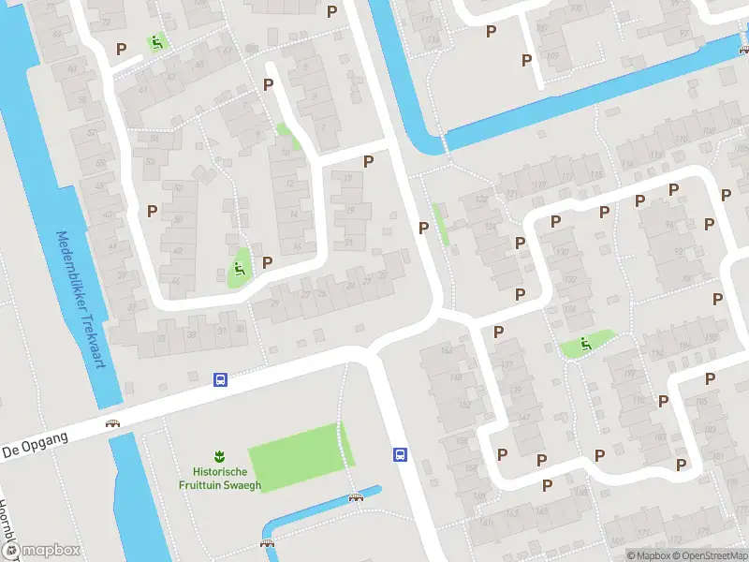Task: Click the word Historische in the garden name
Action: point(220,472)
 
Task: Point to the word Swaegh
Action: point(242,485)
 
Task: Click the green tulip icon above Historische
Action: point(220,456)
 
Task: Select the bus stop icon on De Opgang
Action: point(220,379)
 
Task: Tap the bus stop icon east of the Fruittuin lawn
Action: point(400,455)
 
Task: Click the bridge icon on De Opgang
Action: point(113,422)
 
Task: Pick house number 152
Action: point(465,405)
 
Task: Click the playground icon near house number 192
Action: point(586,344)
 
